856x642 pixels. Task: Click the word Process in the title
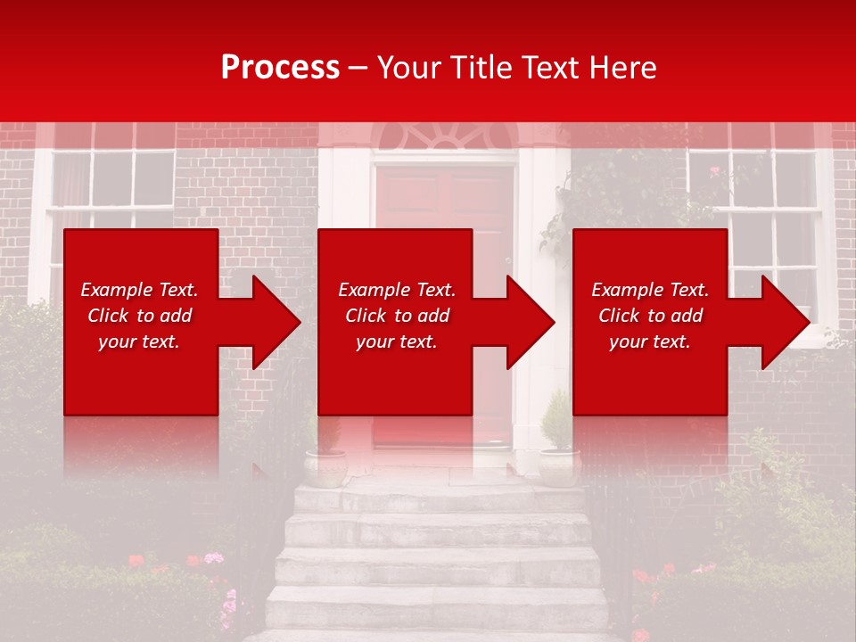tap(280, 67)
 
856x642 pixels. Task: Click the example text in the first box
tap(139, 316)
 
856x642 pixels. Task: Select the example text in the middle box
tap(397, 316)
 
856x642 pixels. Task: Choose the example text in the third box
tap(650, 316)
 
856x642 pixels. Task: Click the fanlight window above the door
tap(444, 136)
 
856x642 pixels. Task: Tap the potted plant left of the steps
tap(326, 455)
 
